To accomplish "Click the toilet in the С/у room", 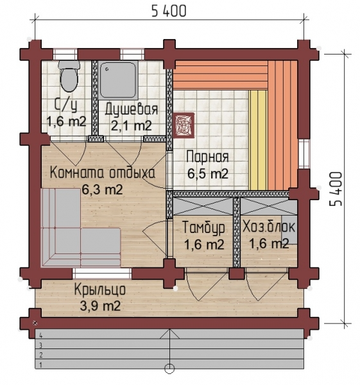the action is pyautogui.click(x=69, y=76).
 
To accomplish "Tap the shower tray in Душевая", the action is pyautogui.click(x=118, y=80).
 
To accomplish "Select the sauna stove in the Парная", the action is pyautogui.click(x=184, y=125).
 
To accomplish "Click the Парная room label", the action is pyautogui.click(x=207, y=157).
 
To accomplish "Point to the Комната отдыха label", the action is pyautogui.click(x=103, y=173).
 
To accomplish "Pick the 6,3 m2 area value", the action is pyautogui.click(x=102, y=189).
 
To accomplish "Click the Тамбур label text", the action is pyautogui.click(x=204, y=228).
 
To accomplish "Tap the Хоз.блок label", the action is pyautogui.click(x=269, y=227).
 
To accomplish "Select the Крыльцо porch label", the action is pyautogui.click(x=99, y=290).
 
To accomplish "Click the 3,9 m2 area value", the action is pyautogui.click(x=100, y=305).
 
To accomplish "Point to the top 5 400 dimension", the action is pyautogui.click(x=169, y=11).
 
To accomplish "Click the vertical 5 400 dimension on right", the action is pyautogui.click(x=336, y=189).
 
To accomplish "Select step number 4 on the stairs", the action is pyautogui.click(x=40, y=336).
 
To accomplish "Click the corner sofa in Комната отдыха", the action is pyautogui.click(x=80, y=227).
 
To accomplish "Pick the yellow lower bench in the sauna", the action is pyautogui.click(x=257, y=140).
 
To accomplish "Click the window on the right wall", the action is pyautogui.click(x=304, y=154).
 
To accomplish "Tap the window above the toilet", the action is pyautogui.click(x=65, y=54).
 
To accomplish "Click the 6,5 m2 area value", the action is pyautogui.click(x=208, y=174).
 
